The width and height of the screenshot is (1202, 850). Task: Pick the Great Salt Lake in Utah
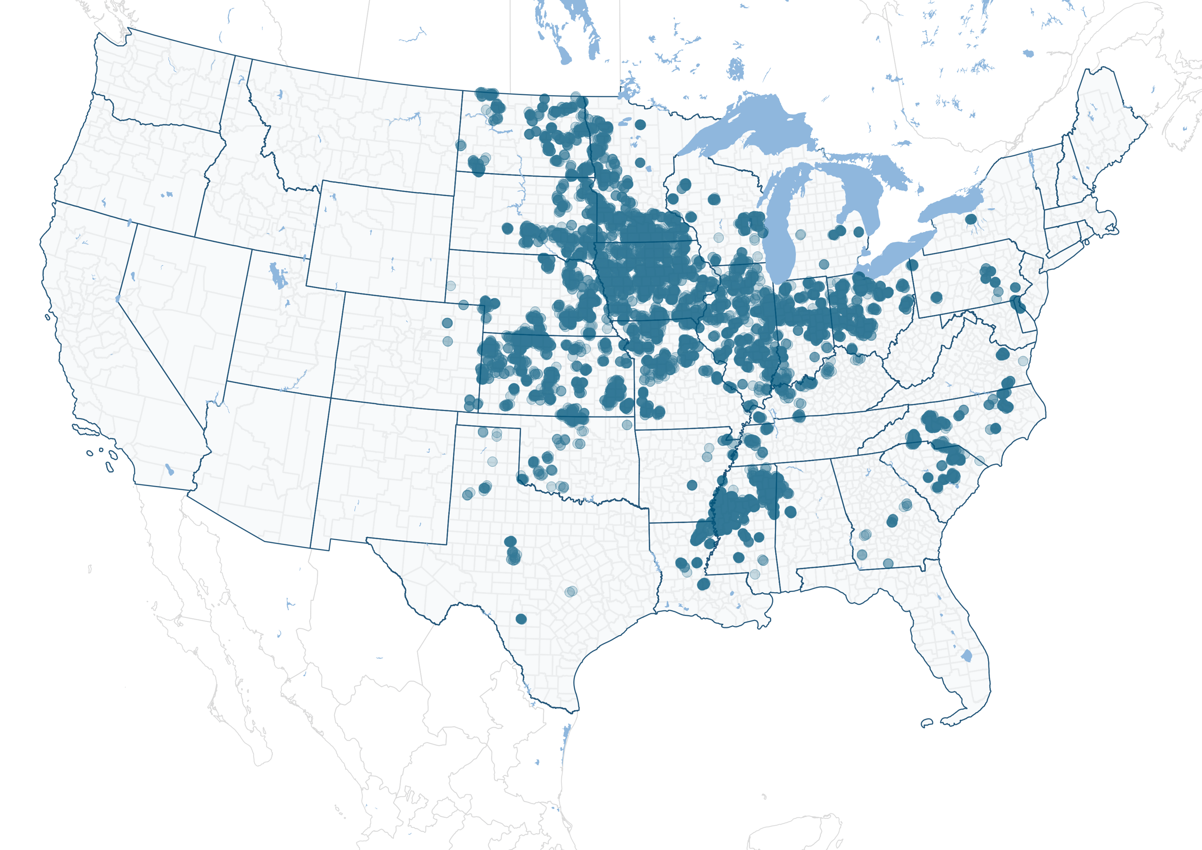(x=278, y=275)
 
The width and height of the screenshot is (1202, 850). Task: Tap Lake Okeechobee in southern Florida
(x=966, y=655)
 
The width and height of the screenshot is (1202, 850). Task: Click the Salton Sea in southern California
(x=169, y=469)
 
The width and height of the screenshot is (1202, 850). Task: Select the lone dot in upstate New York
(x=970, y=219)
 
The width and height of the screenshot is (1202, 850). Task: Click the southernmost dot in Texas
(x=521, y=618)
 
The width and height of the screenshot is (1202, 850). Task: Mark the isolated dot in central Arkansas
(x=692, y=485)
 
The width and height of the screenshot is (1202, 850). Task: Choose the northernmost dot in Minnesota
(x=640, y=125)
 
